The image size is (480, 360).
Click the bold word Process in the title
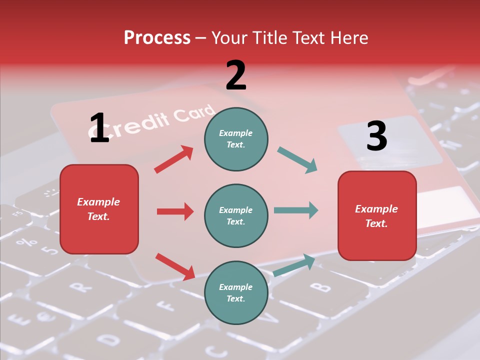(157, 38)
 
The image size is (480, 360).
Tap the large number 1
(99, 128)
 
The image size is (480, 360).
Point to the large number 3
(376, 136)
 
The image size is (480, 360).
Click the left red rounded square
(99, 209)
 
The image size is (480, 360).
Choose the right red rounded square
(377, 215)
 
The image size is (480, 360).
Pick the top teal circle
(236, 139)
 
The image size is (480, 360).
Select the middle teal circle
(236, 215)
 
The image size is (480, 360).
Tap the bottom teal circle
(236, 292)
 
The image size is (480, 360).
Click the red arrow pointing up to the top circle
(174, 159)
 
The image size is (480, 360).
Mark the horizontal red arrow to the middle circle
(175, 211)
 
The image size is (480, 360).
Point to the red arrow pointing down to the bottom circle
(175, 266)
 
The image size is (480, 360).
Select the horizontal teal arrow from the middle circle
(296, 210)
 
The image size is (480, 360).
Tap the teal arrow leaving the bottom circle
(294, 265)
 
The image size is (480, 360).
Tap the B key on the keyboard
(320, 287)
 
